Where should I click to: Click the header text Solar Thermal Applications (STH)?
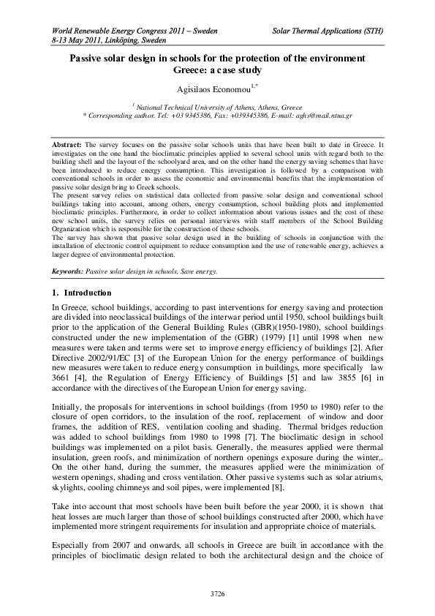point(328,32)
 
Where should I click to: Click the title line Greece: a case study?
point(216,70)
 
